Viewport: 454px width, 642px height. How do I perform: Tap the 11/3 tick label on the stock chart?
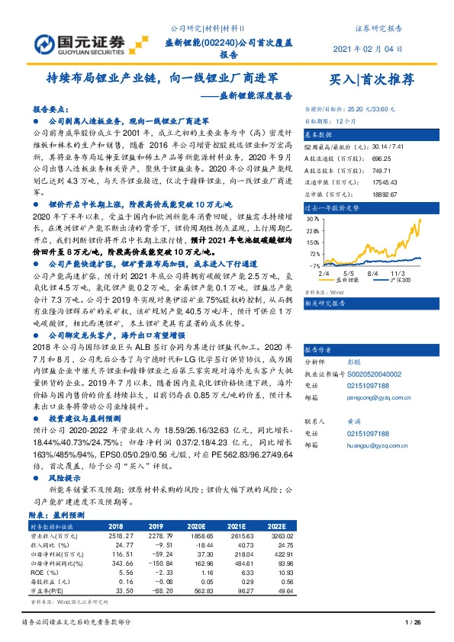pos(397,271)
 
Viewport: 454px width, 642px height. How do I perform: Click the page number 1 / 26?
pos(414,624)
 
